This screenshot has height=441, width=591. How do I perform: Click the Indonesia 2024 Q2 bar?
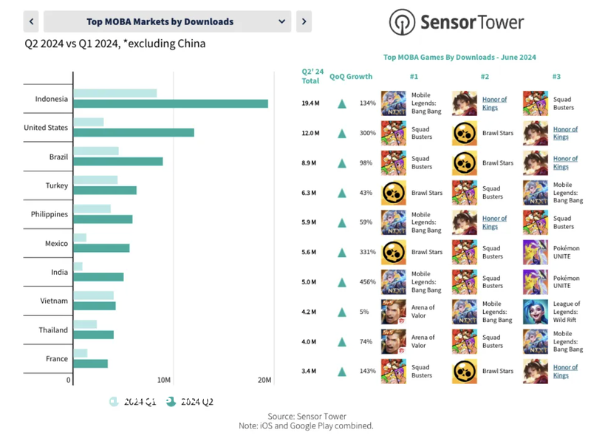(x=171, y=103)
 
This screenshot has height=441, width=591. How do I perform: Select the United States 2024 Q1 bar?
(x=89, y=122)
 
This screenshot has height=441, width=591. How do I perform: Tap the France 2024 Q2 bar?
(x=91, y=363)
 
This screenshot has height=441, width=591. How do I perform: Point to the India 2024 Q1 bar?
(x=78, y=267)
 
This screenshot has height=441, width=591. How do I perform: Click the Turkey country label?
(x=55, y=185)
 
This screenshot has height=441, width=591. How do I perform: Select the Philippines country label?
(x=49, y=214)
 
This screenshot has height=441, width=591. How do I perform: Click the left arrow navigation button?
(x=32, y=21)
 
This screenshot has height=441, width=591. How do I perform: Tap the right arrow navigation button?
(x=303, y=21)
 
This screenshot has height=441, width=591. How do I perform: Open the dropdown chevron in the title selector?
(x=281, y=21)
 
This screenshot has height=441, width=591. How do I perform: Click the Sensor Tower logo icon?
(x=403, y=21)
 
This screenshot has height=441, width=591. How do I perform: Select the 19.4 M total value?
(x=310, y=103)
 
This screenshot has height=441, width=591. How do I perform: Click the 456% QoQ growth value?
(x=367, y=281)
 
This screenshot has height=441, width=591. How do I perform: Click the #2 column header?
(x=485, y=76)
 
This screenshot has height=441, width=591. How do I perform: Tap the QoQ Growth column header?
(x=351, y=76)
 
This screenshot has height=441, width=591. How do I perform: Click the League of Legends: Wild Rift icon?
(x=535, y=312)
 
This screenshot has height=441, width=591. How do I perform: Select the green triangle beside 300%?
(x=342, y=134)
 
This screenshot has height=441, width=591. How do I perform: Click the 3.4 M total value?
(x=310, y=371)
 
